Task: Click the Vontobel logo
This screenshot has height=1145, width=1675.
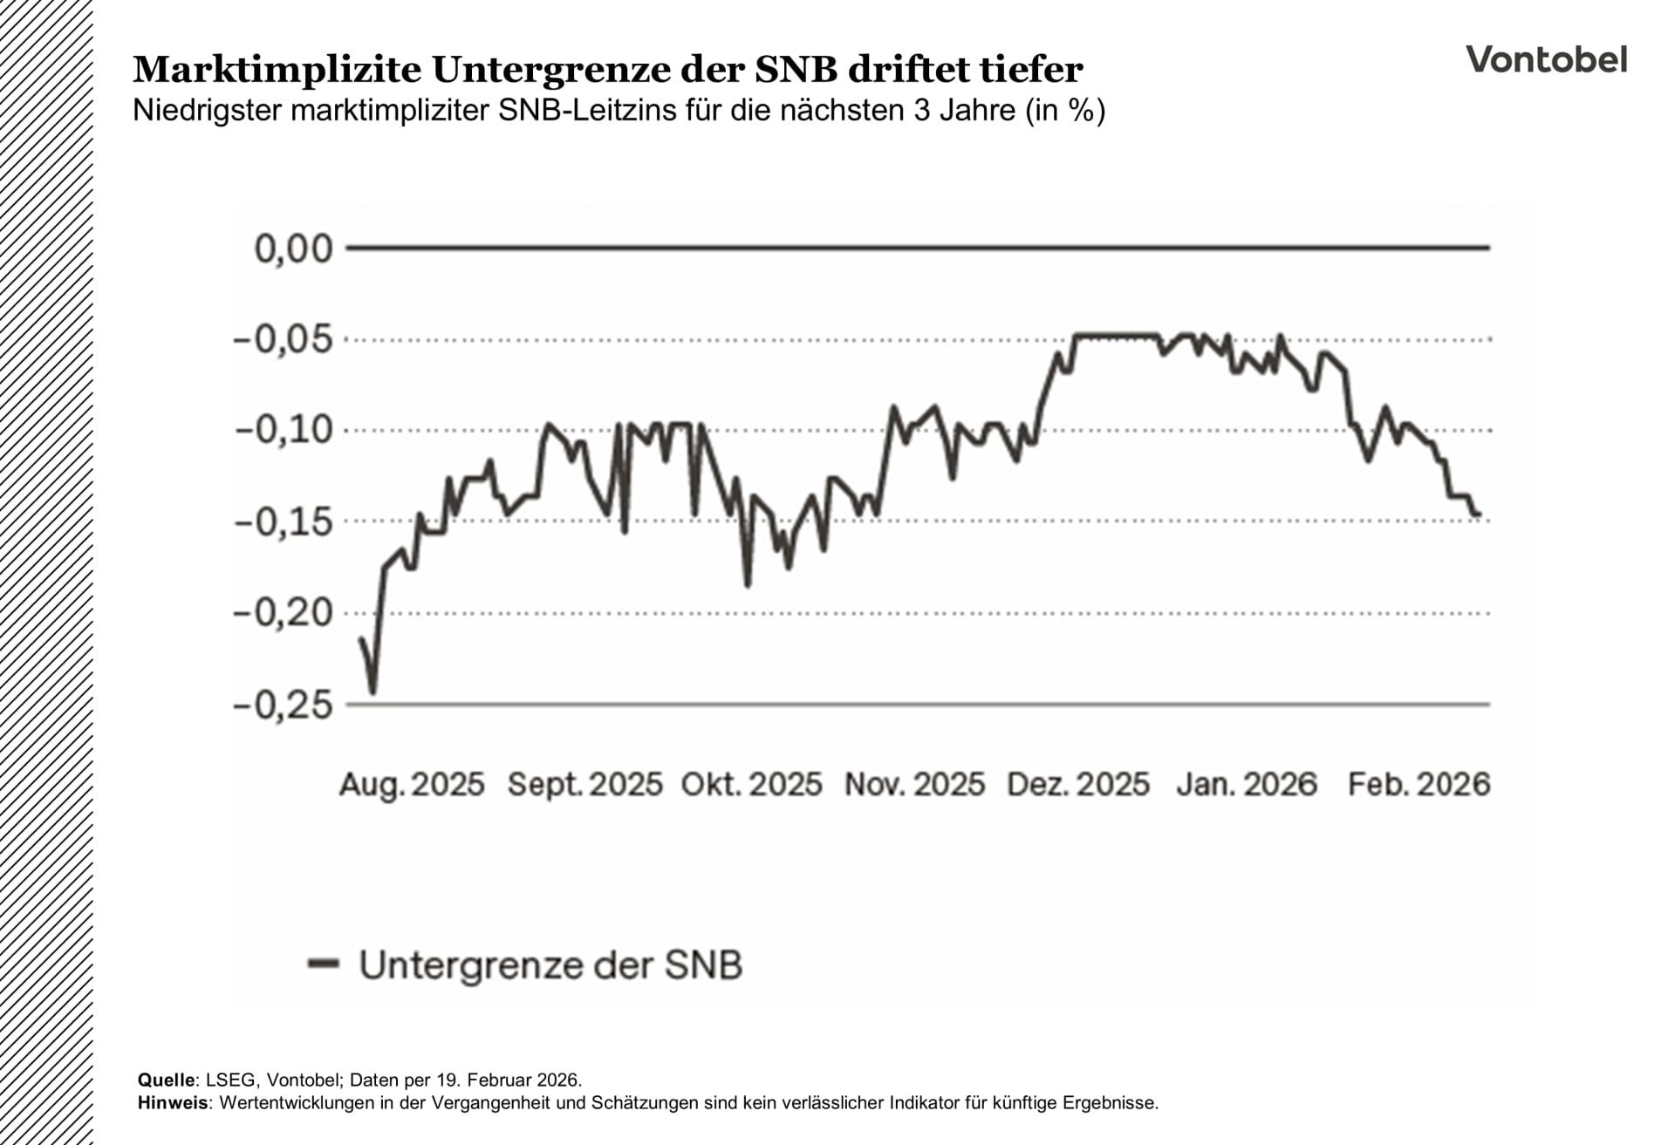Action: (1546, 59)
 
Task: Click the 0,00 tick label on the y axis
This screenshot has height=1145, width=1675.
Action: (293, 249)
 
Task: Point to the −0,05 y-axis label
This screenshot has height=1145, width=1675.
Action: (284, 339)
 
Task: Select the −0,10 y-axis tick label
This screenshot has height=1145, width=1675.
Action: (284, 430)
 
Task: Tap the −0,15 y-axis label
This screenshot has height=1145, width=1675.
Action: (284, 522)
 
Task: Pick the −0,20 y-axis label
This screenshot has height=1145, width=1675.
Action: (284, 613)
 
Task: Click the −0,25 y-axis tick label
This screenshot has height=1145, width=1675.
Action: (284, 705)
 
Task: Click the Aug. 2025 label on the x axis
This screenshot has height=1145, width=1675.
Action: (411, 785)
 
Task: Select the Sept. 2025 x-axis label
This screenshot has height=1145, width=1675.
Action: (585, 785)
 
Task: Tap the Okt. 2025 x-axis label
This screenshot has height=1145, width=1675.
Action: (751, 785)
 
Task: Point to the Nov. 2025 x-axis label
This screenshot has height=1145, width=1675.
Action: (914, 785)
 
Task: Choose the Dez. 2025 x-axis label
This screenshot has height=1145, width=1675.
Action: (1078, 785)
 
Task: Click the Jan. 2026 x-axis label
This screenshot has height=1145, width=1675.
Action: (1247, 785)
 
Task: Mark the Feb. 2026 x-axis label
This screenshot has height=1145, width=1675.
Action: (1419, 785)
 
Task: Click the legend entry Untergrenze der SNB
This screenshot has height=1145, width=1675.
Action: (550, 965)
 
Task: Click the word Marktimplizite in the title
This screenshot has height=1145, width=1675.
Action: (277, 70)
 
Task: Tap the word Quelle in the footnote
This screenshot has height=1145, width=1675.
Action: (166, 1080)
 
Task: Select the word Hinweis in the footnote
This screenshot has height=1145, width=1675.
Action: (173, 1103)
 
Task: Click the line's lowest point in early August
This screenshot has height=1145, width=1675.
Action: (373, 692)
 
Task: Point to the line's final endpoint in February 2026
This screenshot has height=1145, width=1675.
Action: (1479, 515)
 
